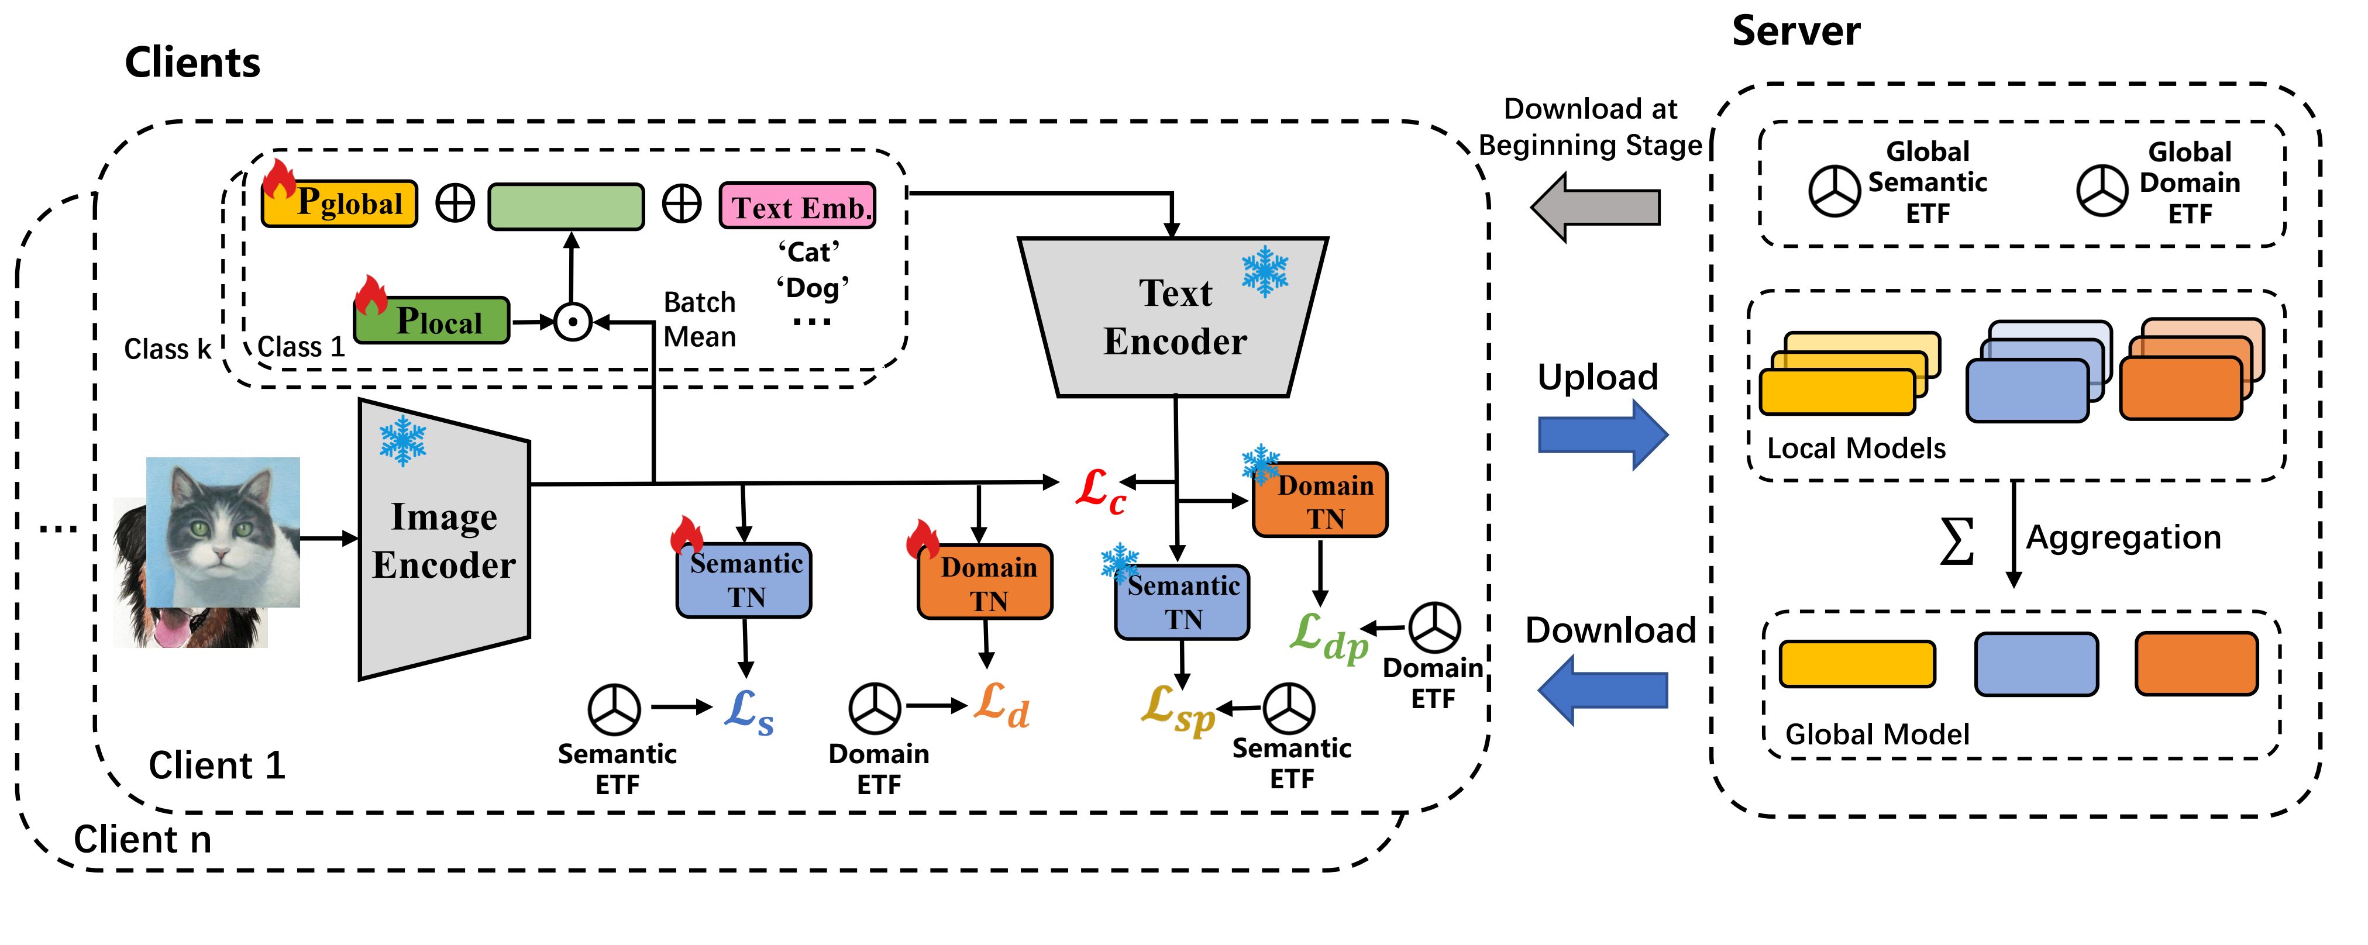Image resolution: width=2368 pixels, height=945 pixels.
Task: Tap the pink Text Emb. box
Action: (x=797, y=206)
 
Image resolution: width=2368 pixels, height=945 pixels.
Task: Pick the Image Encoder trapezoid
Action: (x=444, y=540)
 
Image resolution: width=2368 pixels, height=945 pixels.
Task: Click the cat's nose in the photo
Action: (x=221, y=553)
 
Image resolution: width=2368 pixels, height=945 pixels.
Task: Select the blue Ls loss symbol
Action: (x=748, y=710)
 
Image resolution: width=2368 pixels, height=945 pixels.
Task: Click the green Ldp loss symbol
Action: (x=1327, y=636)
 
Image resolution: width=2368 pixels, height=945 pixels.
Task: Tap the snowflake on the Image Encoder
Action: (x=402, y=440)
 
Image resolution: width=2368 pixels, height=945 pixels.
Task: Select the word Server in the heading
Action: (x=1795, y=31)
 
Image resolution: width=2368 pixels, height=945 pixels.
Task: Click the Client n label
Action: (x=143, y=839)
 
